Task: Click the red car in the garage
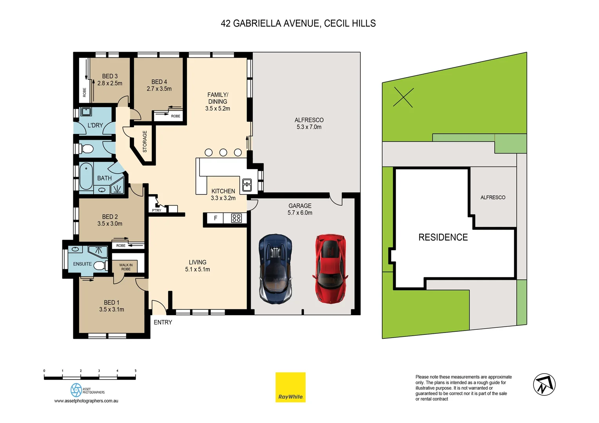[x=330, y=269]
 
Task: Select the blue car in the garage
[x=275, y=269]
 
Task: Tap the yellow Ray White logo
[x=290, y=387]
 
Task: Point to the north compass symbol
[x=544, y=385]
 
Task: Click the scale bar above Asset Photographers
[x=90, y=377]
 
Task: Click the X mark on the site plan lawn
[x=403, y=98]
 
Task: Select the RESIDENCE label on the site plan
[x=443, y=237]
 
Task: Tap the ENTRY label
[x=163, y=322]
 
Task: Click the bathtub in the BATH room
[x=86, y=176]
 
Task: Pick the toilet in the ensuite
[x=100, y=266]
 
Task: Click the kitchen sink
[x=247, y=184]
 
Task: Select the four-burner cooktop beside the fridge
[x=236, y=218]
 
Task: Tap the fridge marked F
[x=215, y=218]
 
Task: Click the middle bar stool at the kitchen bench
[x=223, y=152]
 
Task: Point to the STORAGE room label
[x=145, y=142]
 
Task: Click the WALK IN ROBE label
[x=126, y=267]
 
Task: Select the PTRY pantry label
[x=156, y=211]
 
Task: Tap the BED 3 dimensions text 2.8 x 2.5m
[x=110, y=83]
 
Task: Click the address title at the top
[x=298, y=23]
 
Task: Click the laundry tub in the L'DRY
[x=86, y=112]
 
